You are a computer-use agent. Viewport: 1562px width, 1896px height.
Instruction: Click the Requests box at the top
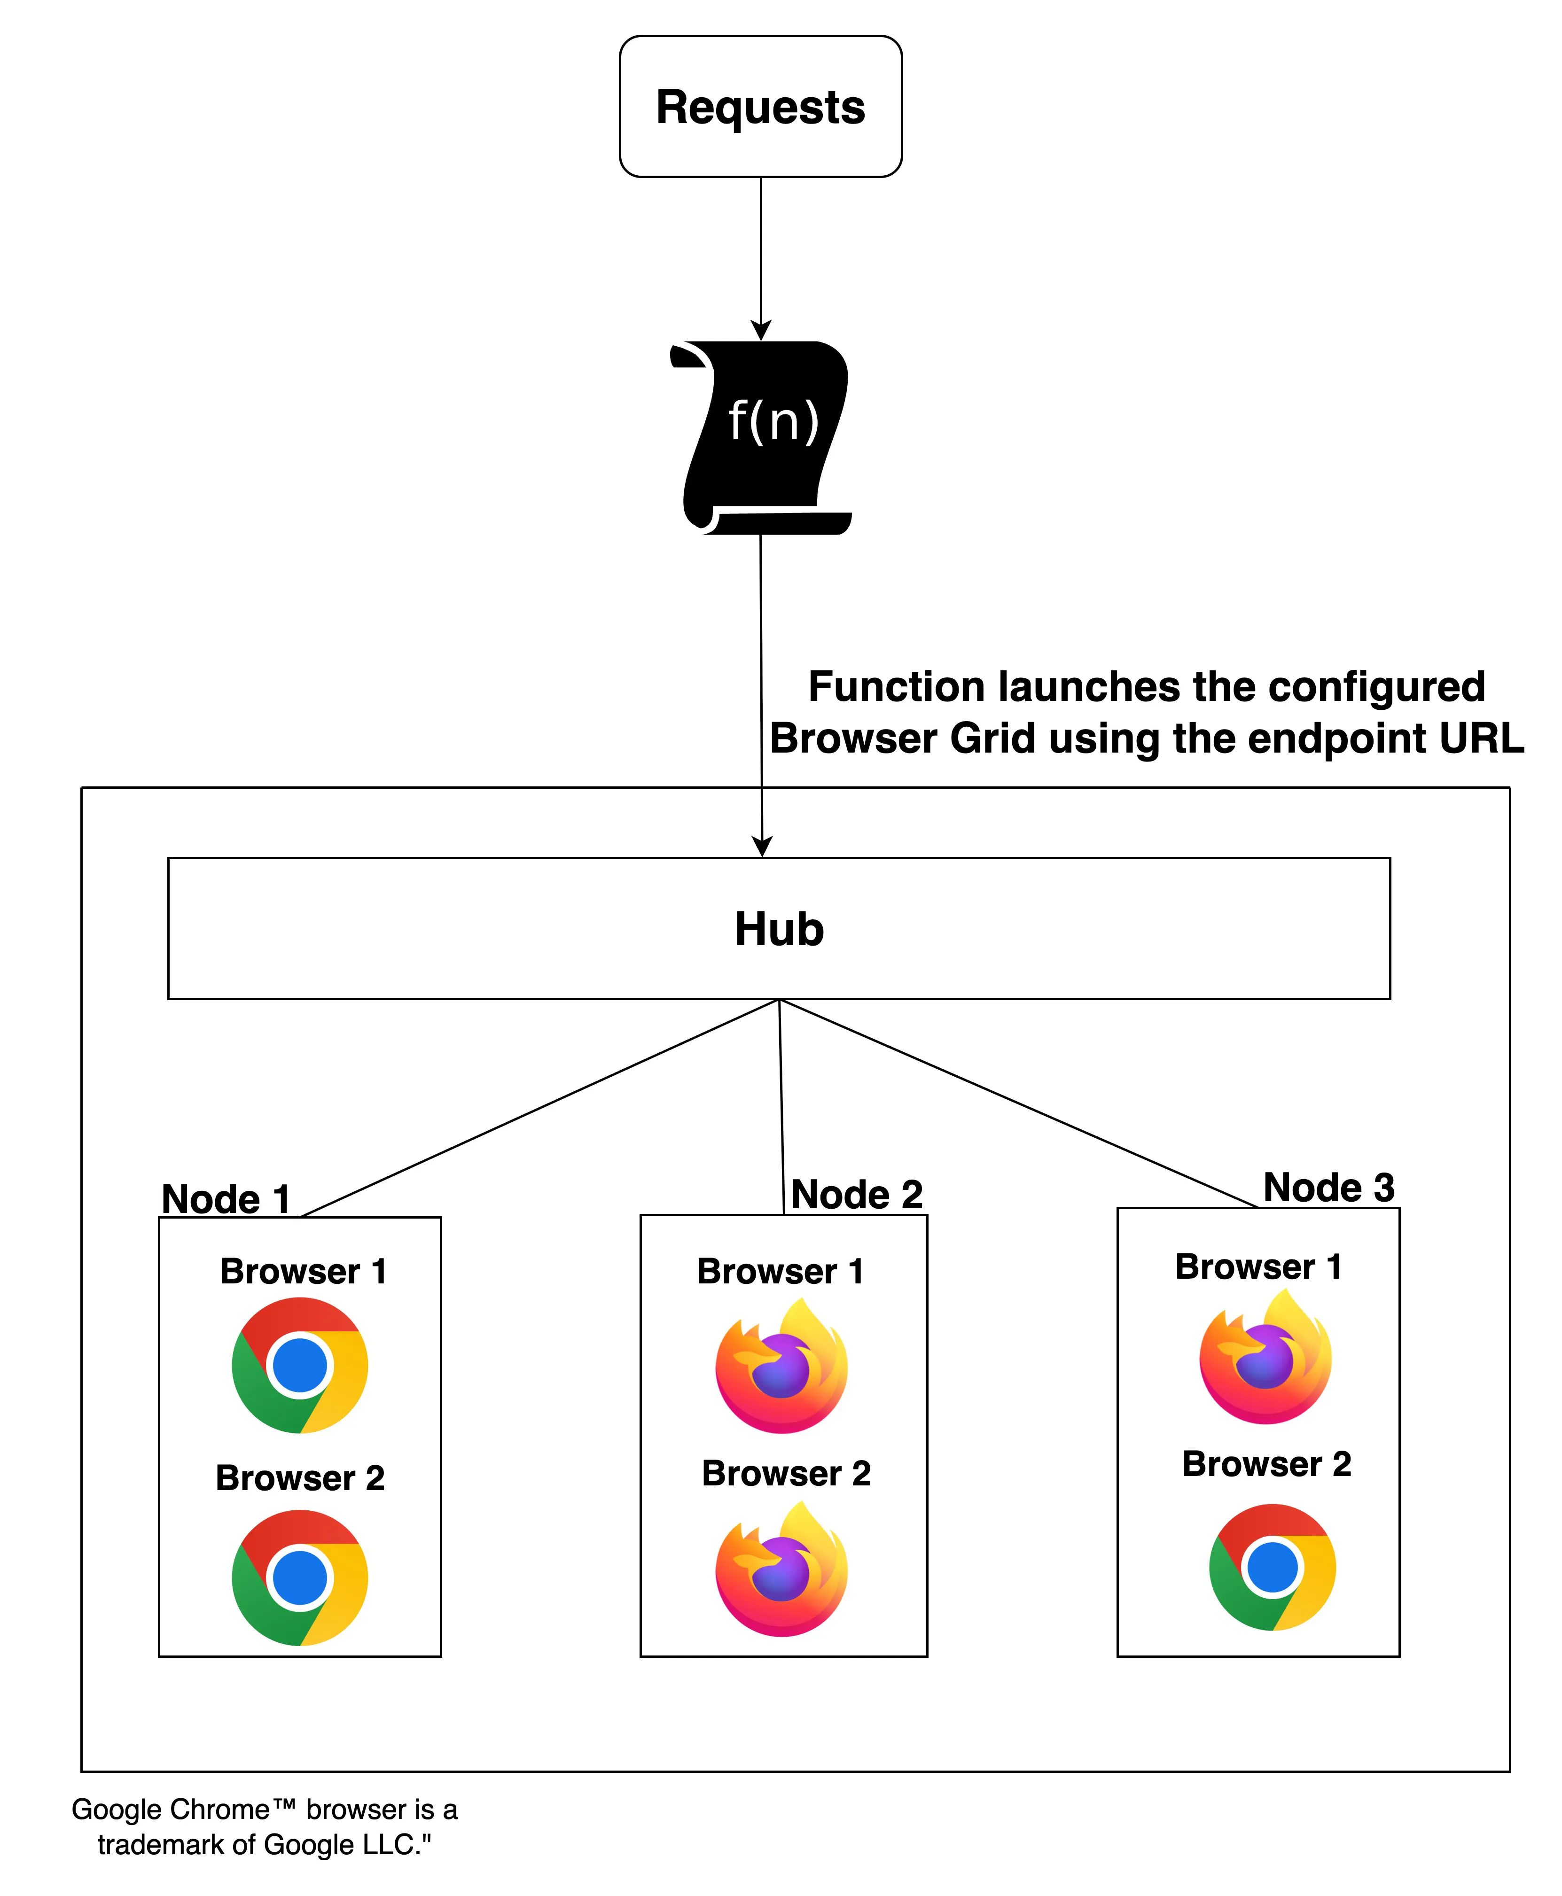[x=760, y=106]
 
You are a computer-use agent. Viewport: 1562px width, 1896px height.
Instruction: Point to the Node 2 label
[x=857, y=1195]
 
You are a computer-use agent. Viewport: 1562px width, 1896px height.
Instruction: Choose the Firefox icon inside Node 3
[x=1265, y=1358]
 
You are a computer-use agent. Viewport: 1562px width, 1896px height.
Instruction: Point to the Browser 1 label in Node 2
[x=780, y=1271]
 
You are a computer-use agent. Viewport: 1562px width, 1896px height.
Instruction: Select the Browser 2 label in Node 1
[x=300, y=1478]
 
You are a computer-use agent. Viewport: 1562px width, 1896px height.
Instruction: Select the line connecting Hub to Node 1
[x=540, y=1108]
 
